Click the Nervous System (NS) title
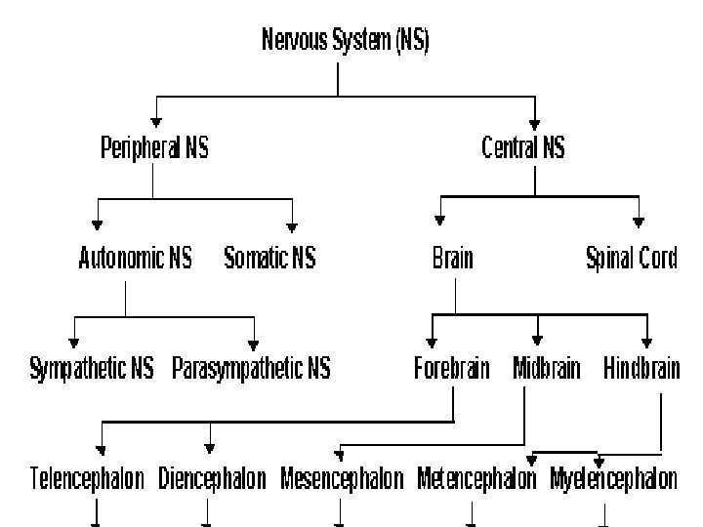345,41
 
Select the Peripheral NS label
154,148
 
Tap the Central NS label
523,148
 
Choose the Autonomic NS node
135,259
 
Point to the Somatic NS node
269,259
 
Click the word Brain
452,259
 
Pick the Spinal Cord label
631,259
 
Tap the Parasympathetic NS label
251,369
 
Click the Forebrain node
451,369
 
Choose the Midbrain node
546,369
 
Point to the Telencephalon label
87,479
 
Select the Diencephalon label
212,479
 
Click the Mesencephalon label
342,479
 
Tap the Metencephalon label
476,479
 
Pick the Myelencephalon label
613,479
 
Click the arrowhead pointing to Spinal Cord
639,220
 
